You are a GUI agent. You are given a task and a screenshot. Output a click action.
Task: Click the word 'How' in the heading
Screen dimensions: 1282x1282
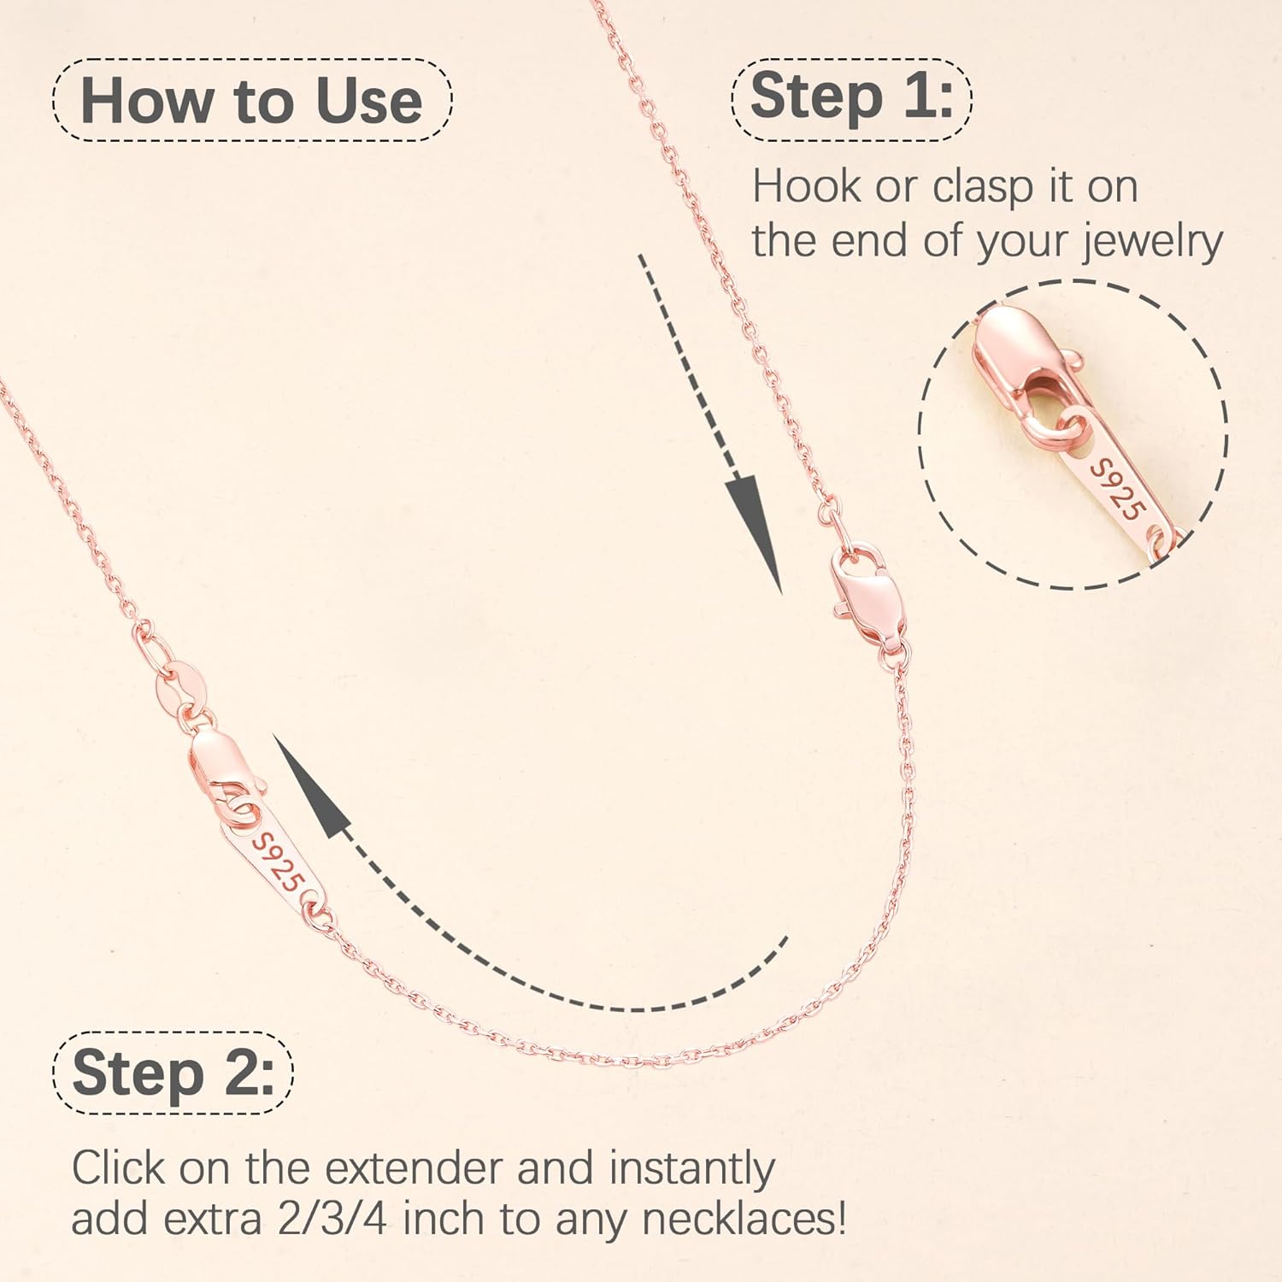[x=146, y=101]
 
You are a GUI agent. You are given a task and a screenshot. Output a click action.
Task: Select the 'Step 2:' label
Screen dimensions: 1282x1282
[x=173, y=1073]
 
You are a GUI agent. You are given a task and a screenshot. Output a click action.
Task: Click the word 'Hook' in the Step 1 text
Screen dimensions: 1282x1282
[x=806, y=186]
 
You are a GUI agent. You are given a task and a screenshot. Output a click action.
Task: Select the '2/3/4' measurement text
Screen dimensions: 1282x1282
[x=332, y=1219]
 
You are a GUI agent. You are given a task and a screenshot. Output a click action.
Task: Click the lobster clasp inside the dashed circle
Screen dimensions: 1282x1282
[x=1017, y=350]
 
